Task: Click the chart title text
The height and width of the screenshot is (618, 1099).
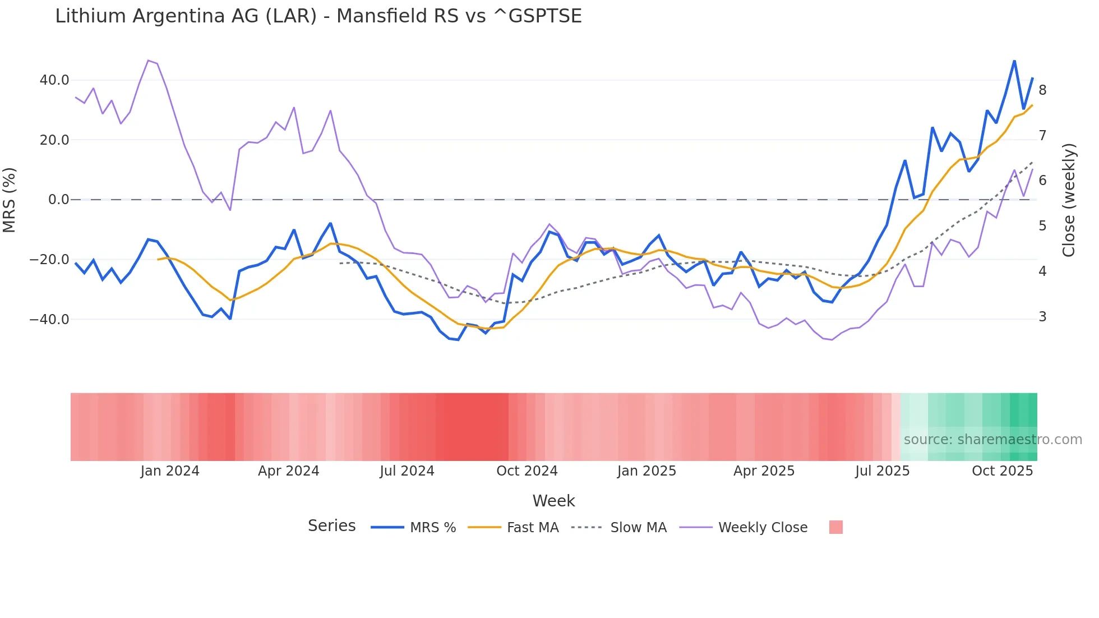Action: tap(318, 16)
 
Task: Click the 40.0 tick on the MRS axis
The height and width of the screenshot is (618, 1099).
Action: tap(54, 80)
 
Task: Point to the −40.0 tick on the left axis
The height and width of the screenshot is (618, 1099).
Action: tap(49, 320)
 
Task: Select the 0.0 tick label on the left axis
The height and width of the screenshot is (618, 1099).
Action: tap(59, 200)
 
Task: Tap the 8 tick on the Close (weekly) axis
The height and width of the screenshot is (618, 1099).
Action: tap(1042, 90)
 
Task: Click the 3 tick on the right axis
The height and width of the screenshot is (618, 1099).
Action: tap(1042, 317)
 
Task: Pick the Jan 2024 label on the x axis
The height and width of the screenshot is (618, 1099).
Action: tap(170, 471)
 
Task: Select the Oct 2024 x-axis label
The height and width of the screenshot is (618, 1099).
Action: tap(527, 471)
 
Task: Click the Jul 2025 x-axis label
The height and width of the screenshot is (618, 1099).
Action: tap(882, 471)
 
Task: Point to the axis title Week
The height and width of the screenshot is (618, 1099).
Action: tap(553, 501)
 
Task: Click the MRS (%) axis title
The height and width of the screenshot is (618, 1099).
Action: tap(10, 200)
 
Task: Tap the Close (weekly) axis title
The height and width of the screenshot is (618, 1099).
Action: tap(1069, 200)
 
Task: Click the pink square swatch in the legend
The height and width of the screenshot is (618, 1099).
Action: tap(835, 528)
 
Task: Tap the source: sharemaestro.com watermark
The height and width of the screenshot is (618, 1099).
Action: tap(992, 440)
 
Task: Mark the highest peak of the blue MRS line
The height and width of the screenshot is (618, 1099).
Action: tap(1014, 61)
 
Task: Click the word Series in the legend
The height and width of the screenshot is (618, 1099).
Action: tap(331, 526)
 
